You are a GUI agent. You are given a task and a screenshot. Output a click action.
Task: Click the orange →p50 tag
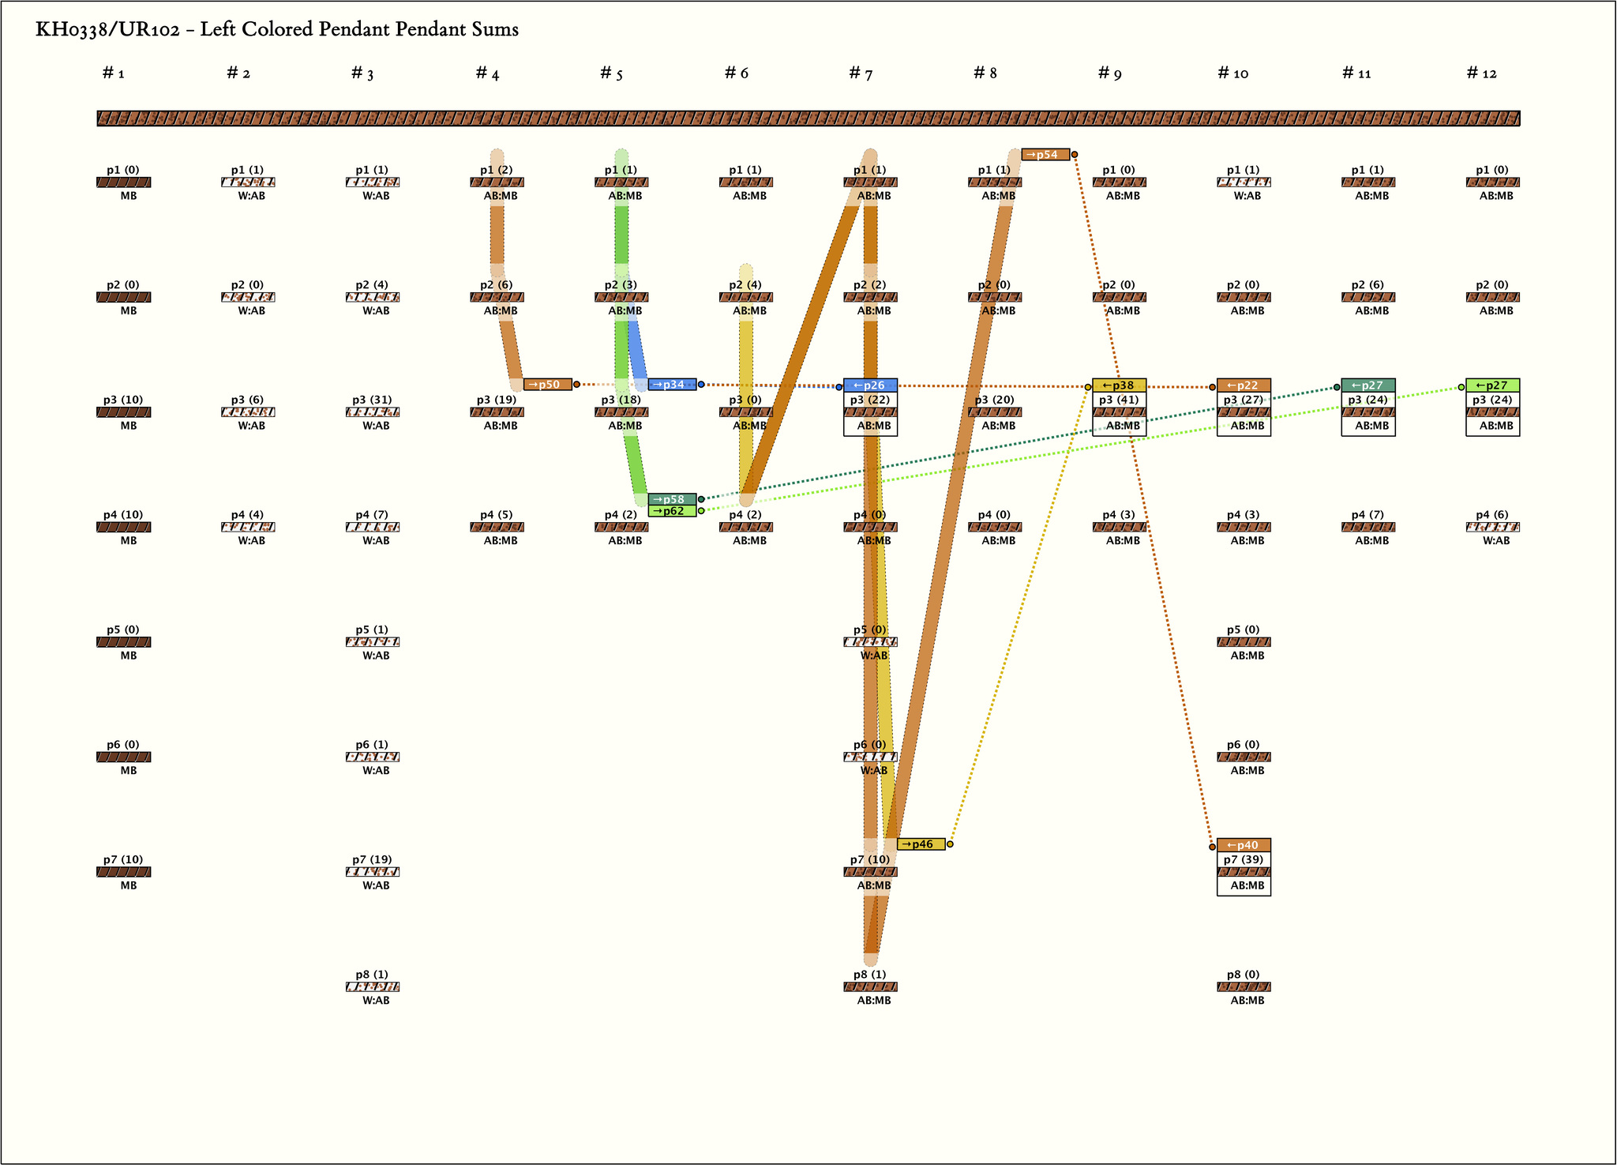548,385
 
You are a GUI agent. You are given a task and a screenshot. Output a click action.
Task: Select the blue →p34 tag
672,385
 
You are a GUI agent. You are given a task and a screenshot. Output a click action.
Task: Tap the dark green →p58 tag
672,499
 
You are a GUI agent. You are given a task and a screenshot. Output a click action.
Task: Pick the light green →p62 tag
672,511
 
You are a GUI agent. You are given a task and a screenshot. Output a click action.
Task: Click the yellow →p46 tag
921,844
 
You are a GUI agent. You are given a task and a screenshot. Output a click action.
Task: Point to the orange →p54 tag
1045,155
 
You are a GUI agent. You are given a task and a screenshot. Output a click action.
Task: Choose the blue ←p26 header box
870,385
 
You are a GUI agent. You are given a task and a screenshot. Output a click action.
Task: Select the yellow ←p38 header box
1119,385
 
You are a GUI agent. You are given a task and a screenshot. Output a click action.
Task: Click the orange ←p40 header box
1244,845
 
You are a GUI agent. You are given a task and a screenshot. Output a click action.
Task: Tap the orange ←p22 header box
1244,385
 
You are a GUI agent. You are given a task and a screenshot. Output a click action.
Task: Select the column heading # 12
1481,73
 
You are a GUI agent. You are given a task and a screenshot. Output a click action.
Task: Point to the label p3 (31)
372,400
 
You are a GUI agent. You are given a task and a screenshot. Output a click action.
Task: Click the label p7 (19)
372,859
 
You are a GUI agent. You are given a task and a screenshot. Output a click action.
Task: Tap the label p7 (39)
1244,859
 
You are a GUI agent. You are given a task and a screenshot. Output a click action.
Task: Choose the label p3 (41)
1119,400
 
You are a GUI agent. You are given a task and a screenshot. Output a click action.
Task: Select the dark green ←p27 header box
1368,385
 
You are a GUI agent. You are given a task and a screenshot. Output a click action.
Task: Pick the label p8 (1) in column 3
372,975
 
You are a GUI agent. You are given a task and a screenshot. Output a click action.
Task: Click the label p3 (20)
994,400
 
